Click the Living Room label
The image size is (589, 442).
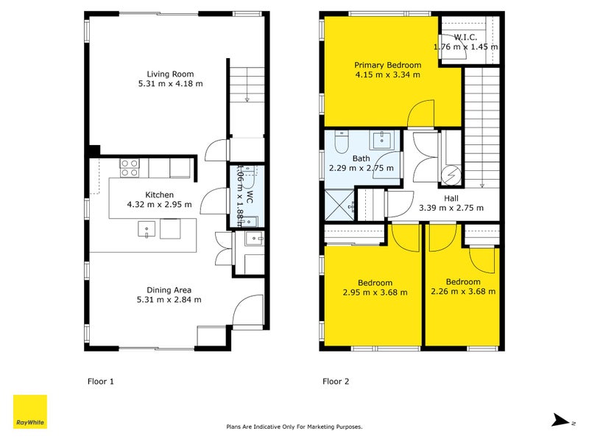[170, 74]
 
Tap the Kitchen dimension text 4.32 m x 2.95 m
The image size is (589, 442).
[159, 205]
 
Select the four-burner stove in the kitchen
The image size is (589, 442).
[130, 168]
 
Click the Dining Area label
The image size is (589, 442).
[169, 290]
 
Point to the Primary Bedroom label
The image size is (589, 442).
[388, 65]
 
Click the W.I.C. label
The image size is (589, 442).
[465, 38]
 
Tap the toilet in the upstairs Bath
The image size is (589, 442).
[342, 142]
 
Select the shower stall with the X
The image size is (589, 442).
[339, 206]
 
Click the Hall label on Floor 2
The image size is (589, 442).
[451, 198]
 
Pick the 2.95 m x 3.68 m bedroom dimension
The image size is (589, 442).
[375, 292]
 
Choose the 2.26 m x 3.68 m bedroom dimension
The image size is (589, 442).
[463, 291]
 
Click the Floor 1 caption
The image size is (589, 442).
[100, 381]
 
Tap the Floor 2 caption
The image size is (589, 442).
[336, 381]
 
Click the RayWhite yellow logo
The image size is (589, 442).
[30, 412]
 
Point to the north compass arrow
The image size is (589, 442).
[560, 420]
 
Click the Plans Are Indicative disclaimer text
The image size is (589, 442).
[294, 427]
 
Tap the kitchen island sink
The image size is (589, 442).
[147, 229]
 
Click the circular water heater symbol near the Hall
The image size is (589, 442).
[451, 176]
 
